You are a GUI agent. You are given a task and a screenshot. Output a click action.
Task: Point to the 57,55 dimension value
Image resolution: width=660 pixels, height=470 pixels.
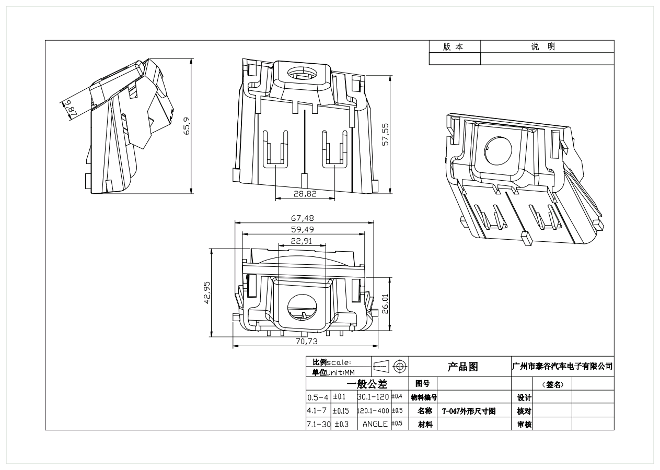coord(386,136)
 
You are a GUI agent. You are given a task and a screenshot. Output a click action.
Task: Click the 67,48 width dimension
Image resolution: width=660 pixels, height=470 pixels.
coord(303,218)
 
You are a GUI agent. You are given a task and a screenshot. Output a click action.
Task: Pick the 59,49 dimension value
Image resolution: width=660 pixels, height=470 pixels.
coord(303,230)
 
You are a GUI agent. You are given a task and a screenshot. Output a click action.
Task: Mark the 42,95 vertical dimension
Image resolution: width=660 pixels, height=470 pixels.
coord(207,293)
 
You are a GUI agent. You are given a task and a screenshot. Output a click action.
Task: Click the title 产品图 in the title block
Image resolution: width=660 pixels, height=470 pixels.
coord(462,367)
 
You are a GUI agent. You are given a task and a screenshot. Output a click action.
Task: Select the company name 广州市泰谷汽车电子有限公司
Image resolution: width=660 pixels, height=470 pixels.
coord(563,367)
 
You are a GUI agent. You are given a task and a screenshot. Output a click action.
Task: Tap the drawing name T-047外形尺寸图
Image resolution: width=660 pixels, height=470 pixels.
coord(469,411)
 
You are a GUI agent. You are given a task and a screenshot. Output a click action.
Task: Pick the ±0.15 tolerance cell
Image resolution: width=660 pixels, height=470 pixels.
coord(341,411)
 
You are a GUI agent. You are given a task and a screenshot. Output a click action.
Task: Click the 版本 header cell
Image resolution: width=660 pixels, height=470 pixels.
coord(453,46)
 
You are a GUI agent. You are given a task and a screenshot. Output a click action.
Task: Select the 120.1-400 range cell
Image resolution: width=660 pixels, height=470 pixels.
coord(374,411)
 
